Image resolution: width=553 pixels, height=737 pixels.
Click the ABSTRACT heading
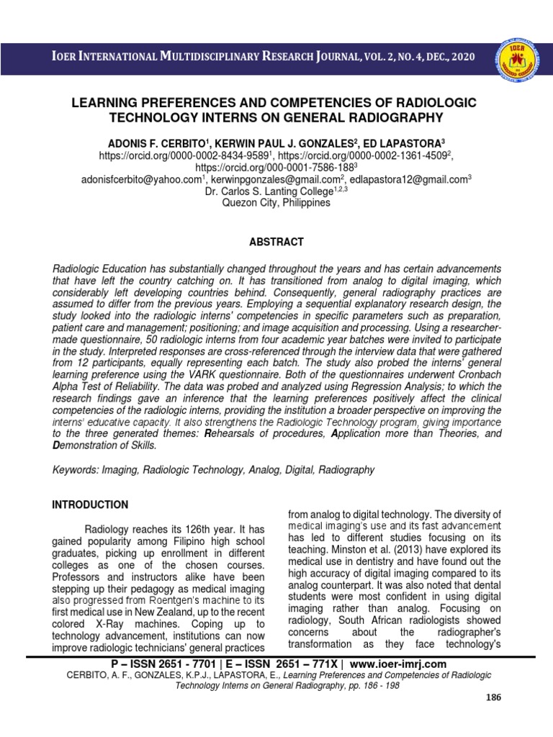[x=276, y=242]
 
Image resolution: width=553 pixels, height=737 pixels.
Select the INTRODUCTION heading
[x=90, y=505]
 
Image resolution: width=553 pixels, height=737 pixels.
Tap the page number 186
[x=493, y=697]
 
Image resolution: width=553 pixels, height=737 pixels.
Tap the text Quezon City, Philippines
[x=276, y=203]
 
